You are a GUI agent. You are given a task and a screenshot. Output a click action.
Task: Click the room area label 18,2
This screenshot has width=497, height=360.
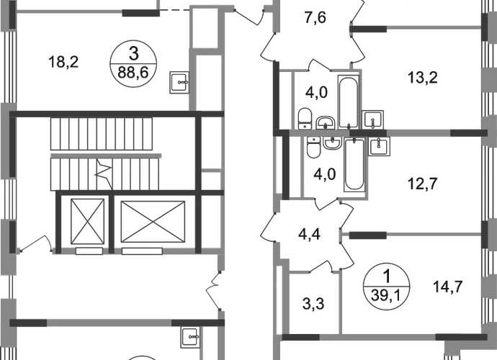pos(63,62)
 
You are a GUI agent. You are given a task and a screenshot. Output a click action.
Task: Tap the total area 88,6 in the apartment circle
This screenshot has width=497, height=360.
pos(133,73)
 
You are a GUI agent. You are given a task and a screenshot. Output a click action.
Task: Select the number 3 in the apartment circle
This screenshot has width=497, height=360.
pos(134,53)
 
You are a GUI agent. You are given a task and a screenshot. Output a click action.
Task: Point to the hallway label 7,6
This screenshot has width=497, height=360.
pos(315,17)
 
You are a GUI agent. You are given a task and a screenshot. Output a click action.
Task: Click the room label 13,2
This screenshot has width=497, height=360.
pos(423,78)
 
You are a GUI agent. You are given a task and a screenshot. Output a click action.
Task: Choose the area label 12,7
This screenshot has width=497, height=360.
pos(423,184)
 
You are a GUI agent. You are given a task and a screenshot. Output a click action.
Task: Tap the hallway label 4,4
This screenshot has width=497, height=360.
pos(309,235)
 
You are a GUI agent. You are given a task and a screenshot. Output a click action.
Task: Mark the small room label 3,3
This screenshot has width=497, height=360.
pos(313,304)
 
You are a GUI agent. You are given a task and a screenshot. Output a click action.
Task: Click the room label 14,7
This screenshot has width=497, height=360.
pos(448,287)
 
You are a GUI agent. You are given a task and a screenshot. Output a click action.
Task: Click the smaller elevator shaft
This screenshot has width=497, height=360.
pos(87,221)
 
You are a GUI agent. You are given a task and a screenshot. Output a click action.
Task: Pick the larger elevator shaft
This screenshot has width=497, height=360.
pos(153,222)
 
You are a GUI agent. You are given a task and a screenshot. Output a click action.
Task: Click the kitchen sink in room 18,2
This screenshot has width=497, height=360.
pos(179,82)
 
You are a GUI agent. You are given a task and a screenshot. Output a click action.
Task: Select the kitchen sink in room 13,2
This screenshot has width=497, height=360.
pos(373,120)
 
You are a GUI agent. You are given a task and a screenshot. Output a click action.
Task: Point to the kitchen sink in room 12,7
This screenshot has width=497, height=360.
pos(379,146)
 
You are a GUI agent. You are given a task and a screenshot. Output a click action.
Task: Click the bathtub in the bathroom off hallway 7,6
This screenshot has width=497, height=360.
pos(349,102)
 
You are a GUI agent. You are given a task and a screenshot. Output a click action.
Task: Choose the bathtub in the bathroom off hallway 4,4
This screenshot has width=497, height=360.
pos(355,165)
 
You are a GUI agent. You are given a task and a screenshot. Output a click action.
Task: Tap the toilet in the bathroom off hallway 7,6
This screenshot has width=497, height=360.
pos(305,119)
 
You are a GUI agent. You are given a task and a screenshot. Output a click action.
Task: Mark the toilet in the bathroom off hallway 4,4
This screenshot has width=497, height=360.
pos(314,148)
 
